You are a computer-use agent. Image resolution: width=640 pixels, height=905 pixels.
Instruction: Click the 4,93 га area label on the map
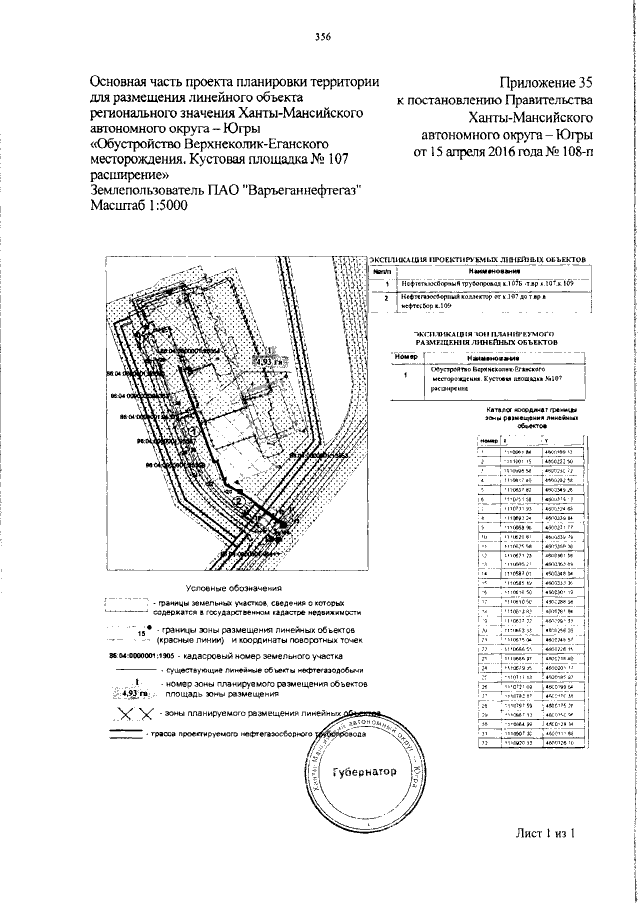click(267, 360)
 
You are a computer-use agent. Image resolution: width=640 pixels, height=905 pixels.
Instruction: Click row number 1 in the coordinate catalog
click(483, 451)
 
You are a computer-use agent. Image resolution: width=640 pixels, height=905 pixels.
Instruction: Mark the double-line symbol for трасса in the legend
click(126, 733)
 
